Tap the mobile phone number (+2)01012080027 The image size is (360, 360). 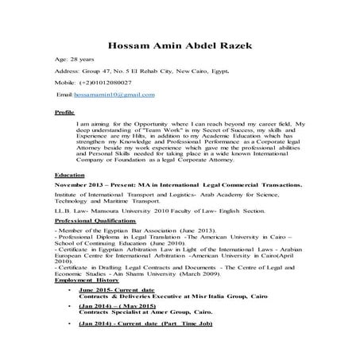[x=105, y=82]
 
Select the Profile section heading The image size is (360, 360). [x=64, y=113]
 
